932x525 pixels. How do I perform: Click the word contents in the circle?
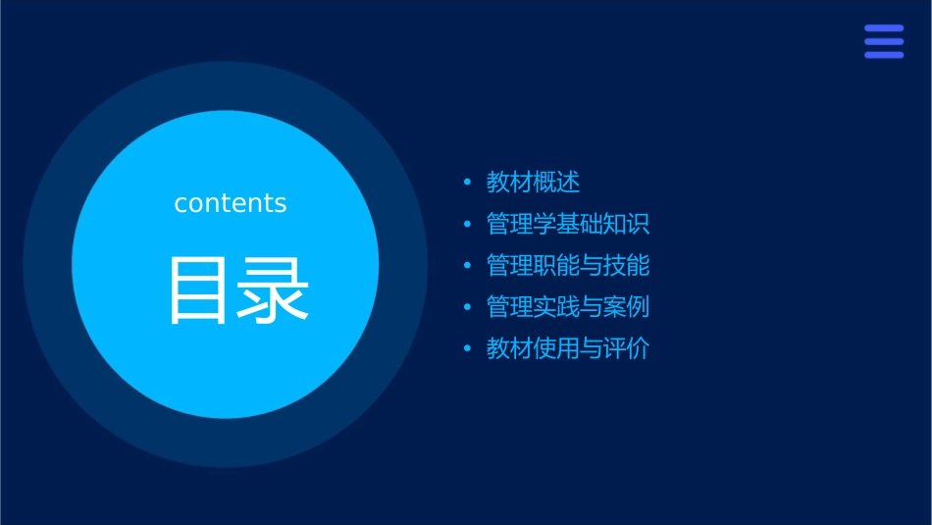tap(231, 203)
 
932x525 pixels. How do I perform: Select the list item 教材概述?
tap(534, 183)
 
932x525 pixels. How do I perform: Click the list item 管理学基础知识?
tap(568, 224)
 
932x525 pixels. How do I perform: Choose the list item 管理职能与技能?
tap(568, 265)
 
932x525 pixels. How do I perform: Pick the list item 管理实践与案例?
tap(568, 306)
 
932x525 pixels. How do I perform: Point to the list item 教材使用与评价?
tap(568, 348)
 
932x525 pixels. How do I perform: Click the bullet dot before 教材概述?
tap(467, 184)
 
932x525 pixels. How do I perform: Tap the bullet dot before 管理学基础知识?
tap(467, 225)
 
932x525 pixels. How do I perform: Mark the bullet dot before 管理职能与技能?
tap(467, 266)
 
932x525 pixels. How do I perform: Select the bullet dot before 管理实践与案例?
tap(467, 307)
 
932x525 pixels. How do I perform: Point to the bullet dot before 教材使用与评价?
tap(467, 349)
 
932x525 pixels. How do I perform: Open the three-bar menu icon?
tap(884, 41)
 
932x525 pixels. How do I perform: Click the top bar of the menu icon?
tap(884, 28)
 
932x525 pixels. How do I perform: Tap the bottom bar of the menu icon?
tap(884, 55)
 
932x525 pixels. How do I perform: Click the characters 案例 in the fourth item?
tap(626, 306)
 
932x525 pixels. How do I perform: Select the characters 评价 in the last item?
tap(626, 348)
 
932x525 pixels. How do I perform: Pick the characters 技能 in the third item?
tap(626, 265)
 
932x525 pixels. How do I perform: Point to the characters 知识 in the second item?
tap(626, 224)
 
